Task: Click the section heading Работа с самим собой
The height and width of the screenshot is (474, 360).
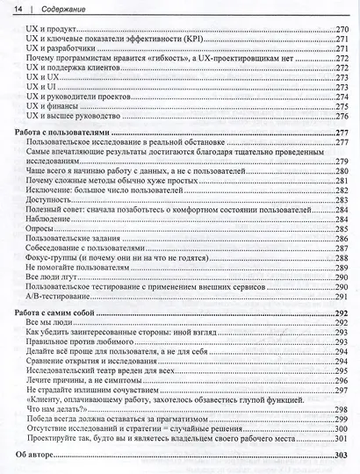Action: point(54,312)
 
